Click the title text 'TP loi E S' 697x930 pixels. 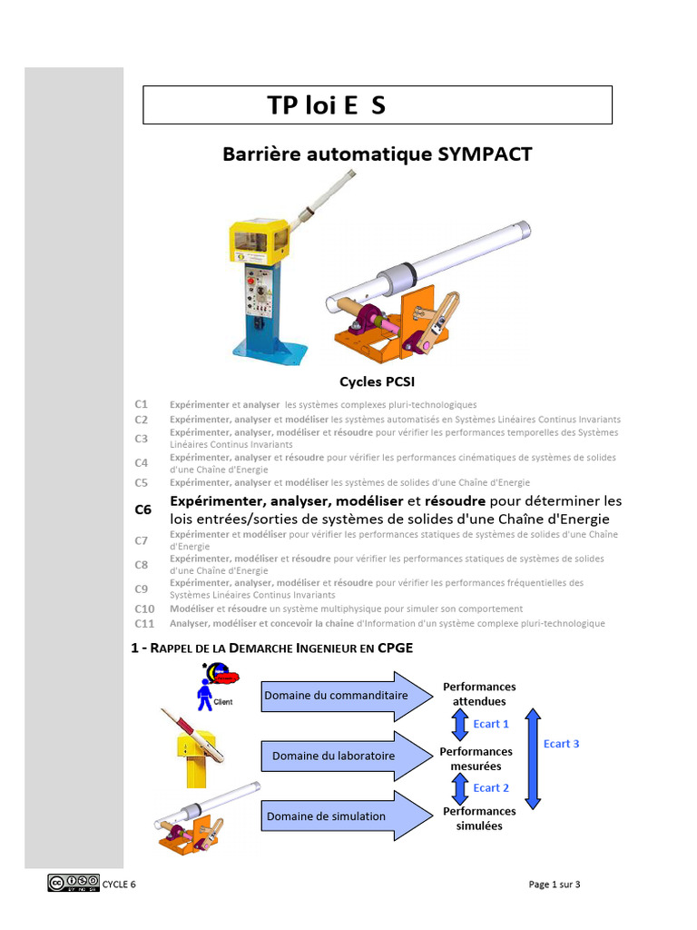coord(327,105)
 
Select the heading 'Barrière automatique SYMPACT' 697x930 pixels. coord(377,154)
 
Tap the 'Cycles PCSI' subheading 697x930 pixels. coord(377,381)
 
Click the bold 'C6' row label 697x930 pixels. coord(143,510)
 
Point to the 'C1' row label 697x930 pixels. coord(141,403)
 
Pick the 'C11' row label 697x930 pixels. coord(144,624)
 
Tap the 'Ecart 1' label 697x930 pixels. coord(491,724)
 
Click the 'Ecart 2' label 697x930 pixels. coord(491,787)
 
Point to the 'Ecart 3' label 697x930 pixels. coord(562,744)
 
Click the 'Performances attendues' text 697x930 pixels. coord(478,694)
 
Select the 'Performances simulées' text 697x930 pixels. coord(478,818)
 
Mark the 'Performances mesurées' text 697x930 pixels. coord(476,758)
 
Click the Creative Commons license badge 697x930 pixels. coord(74,883)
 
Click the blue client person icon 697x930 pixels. coord(205,696)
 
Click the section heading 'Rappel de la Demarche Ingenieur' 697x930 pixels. coord(272,648)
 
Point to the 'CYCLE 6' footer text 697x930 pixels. coord(119,884)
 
